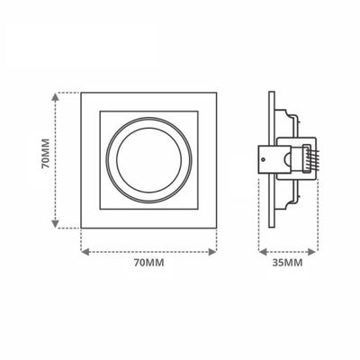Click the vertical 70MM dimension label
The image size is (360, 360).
45,154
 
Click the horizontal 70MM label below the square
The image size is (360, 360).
148,263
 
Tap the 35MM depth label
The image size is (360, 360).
287,263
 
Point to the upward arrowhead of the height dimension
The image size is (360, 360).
55,97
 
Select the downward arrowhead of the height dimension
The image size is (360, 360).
55,224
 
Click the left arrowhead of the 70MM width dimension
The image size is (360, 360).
85,252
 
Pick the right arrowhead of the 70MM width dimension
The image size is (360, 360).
212,252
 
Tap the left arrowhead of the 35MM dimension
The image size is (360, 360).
263,252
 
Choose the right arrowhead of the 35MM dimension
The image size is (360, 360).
312,252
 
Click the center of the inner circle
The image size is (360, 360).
149,160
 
